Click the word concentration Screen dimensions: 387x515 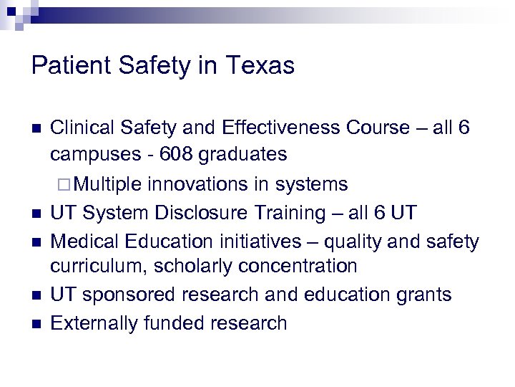[294, 267]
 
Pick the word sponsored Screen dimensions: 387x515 [132, 295]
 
